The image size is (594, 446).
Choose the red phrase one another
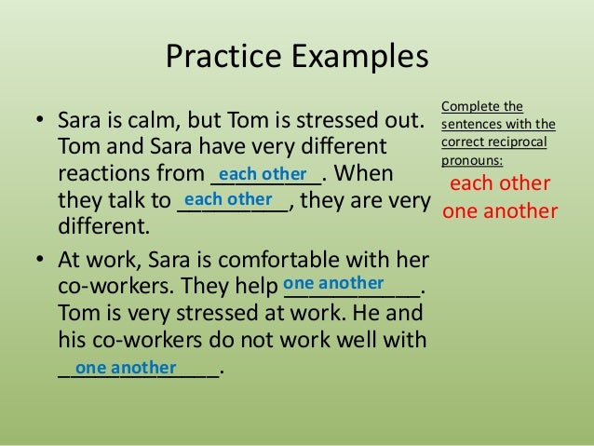pos(500,211)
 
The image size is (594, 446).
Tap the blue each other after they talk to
pos(228,200)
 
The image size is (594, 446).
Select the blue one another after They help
pos(332,282)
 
